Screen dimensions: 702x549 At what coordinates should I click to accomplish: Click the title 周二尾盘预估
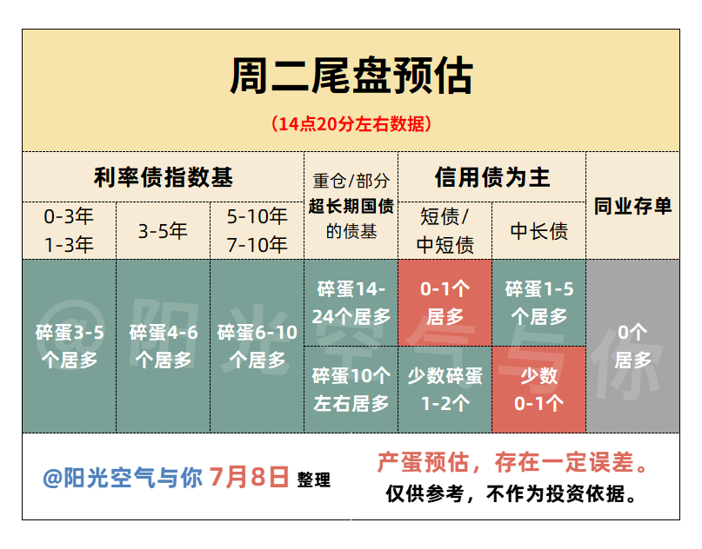tap(351, 76)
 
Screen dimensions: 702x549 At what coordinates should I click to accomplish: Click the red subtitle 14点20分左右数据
tap(351, 124)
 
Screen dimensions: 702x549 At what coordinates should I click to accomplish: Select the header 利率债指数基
tap(164, 177)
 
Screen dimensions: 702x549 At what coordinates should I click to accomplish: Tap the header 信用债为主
tap(492, 177)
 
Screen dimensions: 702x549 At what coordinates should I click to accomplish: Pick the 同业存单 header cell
tap(632, 206)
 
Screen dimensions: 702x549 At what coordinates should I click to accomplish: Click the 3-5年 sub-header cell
tap(163, 231)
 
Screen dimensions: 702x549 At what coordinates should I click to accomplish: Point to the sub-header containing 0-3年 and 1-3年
tap(69, 231)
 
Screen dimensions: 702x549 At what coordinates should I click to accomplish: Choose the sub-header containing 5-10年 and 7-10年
tap(257, 231)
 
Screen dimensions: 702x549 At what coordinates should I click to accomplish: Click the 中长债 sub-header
tap(539, 231)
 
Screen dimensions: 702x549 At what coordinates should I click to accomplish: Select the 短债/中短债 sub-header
tap(445, 231)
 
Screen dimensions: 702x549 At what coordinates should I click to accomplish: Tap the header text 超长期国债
tap(351, 206)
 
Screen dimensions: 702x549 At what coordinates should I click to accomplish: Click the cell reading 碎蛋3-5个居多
tap(69, 346)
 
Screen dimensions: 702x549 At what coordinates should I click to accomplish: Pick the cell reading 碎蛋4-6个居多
tap(163, 346)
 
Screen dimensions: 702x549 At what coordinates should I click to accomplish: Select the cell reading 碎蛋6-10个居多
tap(257, 346)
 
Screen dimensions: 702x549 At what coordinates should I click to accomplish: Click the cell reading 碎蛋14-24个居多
tap(351, 302)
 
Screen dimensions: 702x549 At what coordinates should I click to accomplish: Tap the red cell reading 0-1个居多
tap(445, 302)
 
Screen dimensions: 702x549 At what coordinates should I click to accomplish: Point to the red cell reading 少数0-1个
tap(539, 389)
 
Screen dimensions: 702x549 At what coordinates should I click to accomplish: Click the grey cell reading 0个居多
tap(632, 346)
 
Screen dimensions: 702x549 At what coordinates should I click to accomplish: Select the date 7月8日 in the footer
tap(249, 477)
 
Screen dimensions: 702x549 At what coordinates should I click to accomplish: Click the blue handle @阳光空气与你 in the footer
tap(123, 478)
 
